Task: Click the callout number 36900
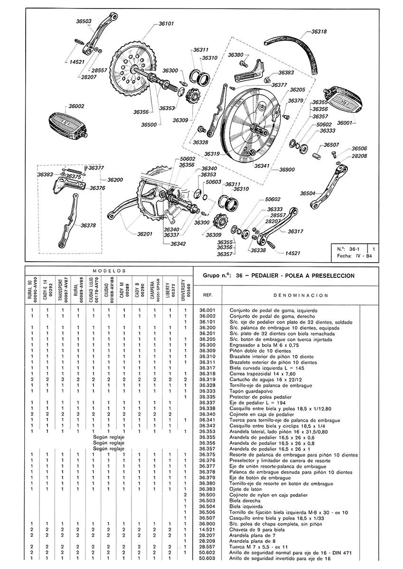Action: coord(287,169)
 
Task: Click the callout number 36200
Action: coord(115,180)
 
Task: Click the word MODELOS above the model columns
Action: coord(109,270)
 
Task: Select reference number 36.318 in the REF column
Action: coord(207,374)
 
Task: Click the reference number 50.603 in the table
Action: coord(207,558)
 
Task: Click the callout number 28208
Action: coord(359,156)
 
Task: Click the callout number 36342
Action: coord(178,244)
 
